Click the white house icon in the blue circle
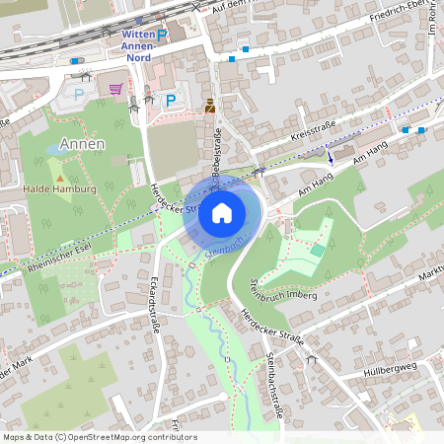point(222,212)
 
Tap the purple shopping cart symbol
point(115,89)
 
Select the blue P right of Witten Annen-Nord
point(163,35)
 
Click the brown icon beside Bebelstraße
point(209,105)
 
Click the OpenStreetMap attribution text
point(86,436)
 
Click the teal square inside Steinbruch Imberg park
point(317,251)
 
